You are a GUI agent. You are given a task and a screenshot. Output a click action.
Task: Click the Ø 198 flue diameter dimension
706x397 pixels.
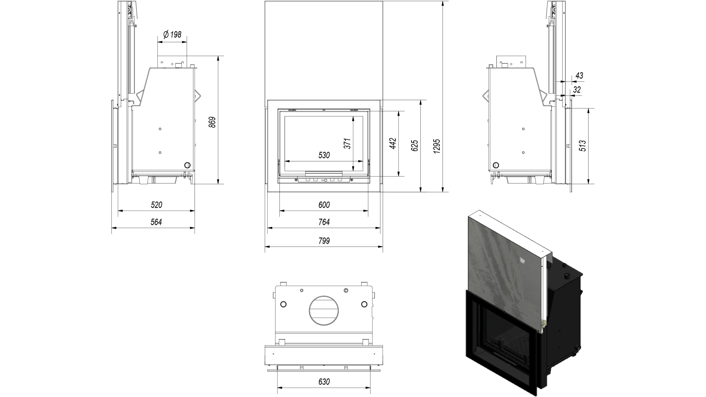point(172,35)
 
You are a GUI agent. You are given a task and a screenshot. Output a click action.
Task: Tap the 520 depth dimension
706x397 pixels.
point(156,205)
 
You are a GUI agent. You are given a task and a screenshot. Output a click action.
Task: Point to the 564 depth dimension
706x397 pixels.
point(156,222)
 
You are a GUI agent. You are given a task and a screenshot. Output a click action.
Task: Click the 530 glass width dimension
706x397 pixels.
point(324,155)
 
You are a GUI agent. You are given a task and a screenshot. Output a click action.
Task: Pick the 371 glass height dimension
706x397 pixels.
point(348,143)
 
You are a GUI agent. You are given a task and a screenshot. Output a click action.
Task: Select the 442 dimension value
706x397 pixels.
point(393,143)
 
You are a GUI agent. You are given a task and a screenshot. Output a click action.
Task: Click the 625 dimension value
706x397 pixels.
point(415,145)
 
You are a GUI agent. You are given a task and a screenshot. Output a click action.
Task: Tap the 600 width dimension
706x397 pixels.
point(324,205)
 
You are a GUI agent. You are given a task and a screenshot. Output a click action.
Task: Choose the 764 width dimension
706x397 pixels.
point(324,222)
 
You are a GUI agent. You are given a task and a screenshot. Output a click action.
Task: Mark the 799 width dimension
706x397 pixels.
point(324,241)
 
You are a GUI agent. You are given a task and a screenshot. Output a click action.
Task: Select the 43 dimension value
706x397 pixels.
point(579,76)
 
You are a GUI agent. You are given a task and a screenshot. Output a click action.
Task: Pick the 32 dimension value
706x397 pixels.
point(577,90)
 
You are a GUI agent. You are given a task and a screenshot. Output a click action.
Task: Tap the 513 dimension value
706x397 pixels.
point(583,145)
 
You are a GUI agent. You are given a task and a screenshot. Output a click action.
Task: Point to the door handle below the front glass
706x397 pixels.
point(324,174)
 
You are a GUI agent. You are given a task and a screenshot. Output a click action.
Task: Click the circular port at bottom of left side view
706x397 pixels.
point(188,165)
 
